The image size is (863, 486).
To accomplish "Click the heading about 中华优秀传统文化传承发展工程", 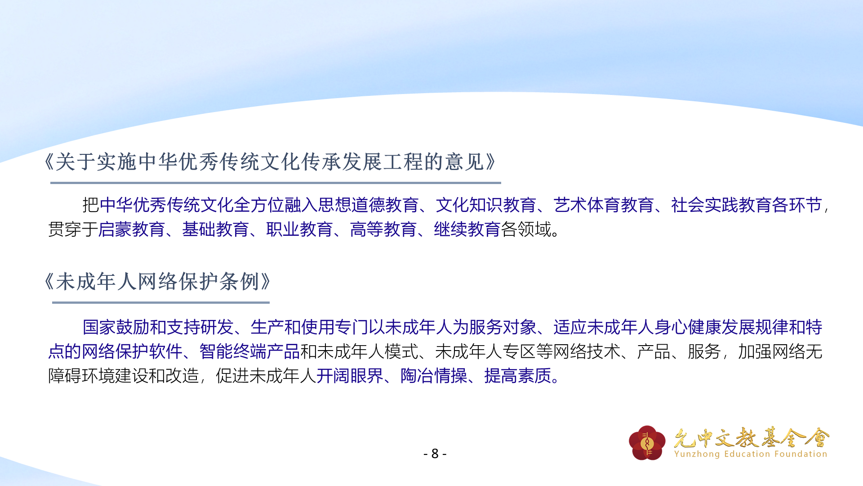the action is click(x=270, y=162).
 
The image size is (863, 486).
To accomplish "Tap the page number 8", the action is click(x=435, y=454).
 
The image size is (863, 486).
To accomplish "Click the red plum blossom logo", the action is click(x=647, y=443).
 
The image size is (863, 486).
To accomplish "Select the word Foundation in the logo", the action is click(x=801, y=454).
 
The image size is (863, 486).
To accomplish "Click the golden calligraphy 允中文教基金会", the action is click(x=752, y=437).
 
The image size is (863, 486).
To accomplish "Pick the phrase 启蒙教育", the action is click(x=132, y=229).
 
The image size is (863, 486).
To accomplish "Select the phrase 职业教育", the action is click(x=299, y=229).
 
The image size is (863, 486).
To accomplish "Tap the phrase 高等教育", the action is click(x=383, y=229).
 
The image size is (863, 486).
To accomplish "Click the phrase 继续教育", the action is click(x=467, y=229).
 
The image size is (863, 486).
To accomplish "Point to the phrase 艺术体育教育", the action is click(x=604, y=205).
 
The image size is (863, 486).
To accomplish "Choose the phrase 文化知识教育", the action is click(x=486, y=205).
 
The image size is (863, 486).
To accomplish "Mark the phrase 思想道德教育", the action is click(x=368, y=205).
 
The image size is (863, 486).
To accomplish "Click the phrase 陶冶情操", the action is click(x=434, y=376).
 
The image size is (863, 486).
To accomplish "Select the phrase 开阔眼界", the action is click(x=350, y=376).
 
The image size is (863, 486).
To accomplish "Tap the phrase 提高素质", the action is click(x=518, y=376).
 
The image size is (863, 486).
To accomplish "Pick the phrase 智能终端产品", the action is click(x=249, y=351).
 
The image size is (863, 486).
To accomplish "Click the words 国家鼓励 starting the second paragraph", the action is click(x=116, y=327).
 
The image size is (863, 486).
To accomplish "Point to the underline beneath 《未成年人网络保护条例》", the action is click(x=161, y=302).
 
